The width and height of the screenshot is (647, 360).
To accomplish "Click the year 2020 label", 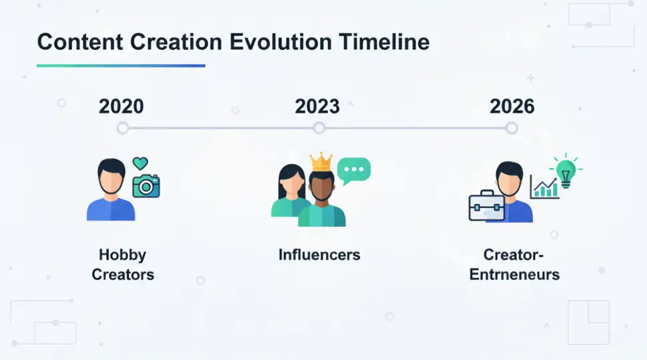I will point(121,107).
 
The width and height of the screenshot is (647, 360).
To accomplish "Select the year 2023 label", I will point(317,107).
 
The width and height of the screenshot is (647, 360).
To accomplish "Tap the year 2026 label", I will point(512,107).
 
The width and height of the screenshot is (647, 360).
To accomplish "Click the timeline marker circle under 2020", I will point(123,128).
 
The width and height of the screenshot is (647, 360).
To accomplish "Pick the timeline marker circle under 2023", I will point(319,128).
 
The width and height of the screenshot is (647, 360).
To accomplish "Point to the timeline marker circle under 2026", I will point(512,128).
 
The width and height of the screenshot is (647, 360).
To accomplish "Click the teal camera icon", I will point(147,185).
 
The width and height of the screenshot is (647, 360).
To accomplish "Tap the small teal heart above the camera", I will point(140,163).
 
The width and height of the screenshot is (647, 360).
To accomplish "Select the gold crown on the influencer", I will point(321,162).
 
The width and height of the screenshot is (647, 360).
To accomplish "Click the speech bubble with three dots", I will point(354,171).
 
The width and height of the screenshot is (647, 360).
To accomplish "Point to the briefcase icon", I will point(486,207).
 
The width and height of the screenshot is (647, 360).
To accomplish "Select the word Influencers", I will point(319,255).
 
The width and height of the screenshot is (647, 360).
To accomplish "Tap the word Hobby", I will point(123,255).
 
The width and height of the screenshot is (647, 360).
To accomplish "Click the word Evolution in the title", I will point(281,42).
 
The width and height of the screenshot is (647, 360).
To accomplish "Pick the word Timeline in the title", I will point(384,42).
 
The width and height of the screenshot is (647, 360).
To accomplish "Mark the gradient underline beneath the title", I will point(121,65).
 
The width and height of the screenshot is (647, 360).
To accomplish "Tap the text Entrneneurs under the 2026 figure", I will point(514,274).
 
